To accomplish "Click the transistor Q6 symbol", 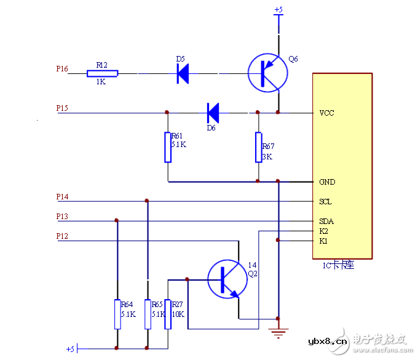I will (x=268, y=73).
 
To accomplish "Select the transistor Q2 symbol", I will (x=226, y=279).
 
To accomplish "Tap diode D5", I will (x=183, y=73).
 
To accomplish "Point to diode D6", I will (x=213, y=113).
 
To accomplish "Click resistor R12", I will (x=102, y=74).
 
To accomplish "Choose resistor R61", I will (x=168, y=147).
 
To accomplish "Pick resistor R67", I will (x=259, y=147).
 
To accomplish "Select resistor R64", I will (x=117, y=314).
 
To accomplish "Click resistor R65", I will (x=148, y=314).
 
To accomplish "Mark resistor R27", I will (x=168, y=314).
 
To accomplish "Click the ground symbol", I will (x=279, y=333).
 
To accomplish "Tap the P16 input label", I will (x=62, y=70).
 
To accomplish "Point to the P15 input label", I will (x=62, y=108).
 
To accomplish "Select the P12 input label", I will (x=62, y=236).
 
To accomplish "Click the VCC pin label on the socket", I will (x=326, y=113).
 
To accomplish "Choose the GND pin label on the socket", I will (x=326, y=182).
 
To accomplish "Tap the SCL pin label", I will (x=325, y=202).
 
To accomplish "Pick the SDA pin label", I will (x=326, y=222).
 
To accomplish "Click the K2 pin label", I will (x=323, y=231).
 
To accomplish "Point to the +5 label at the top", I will (x=278, y=10).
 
